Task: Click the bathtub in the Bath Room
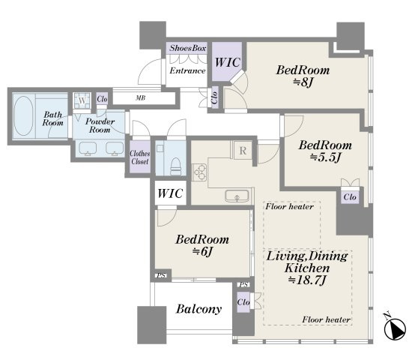click(24, 115)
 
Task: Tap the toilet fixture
click(176, 166)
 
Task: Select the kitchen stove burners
click(199, 172)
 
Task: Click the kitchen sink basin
click(237, 196)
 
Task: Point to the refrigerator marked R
click(243, 151)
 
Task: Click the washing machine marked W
click(82, 100)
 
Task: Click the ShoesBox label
click(188, 48)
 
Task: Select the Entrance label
click(187, 70)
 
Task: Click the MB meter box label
click(141, 98)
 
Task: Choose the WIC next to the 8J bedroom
click(228, 62)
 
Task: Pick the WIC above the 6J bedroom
click(170, 193)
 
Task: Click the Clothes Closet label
click(140, 157)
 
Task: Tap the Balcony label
click(199, 309)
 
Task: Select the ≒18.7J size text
click(307, 280)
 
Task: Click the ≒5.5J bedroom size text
click(325, 157)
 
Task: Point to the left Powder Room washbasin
click(88, 148)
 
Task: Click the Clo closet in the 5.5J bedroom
click(350, 197)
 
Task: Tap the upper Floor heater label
click(289, 206)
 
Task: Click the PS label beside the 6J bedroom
click(161, 276)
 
